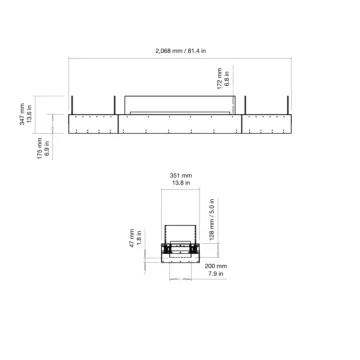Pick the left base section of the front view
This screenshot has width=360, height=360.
[x=95, y=124]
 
